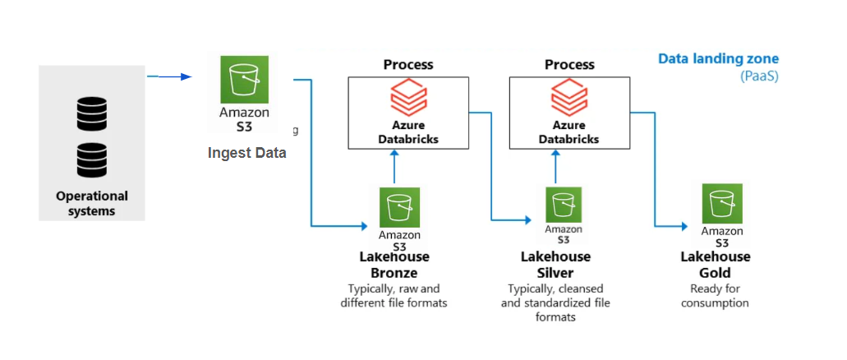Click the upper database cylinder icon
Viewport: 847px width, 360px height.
(91, 114)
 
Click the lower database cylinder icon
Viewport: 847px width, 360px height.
(91, 160)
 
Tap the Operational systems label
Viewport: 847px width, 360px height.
(92, 203)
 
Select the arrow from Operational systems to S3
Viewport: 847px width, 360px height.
(168, 76)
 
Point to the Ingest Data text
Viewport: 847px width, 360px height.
(246, 153)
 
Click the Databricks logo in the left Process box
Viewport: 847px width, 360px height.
(408, 100)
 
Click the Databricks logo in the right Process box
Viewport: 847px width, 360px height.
(569, 100)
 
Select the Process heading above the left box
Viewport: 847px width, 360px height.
(408, 64)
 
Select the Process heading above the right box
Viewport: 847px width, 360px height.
(569, 64)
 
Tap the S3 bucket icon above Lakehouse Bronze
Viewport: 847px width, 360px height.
(399, 207)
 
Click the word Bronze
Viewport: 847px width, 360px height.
(394, 273)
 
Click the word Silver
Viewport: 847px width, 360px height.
(555, 273)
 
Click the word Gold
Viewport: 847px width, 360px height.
(715, 273)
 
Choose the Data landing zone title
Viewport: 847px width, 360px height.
(718, 59)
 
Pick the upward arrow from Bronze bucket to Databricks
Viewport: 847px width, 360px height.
(395, 168)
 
